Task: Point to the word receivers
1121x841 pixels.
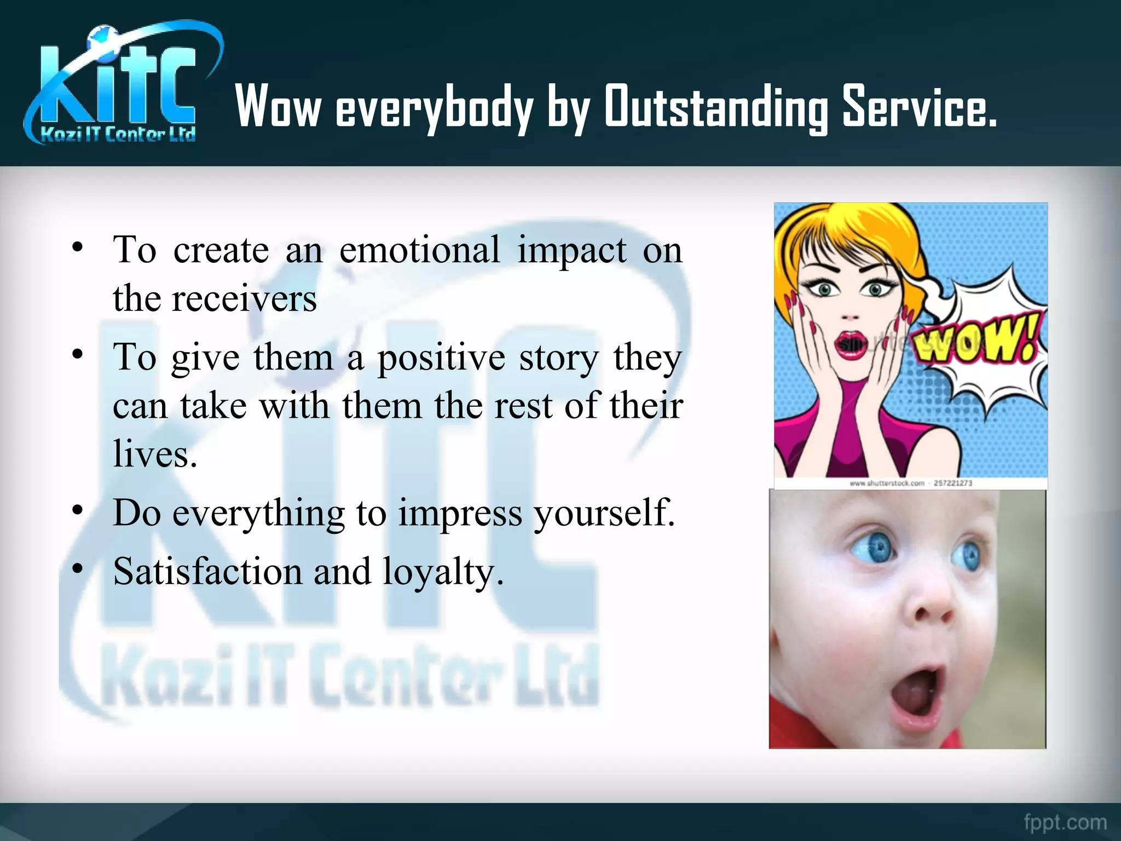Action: [244, 299]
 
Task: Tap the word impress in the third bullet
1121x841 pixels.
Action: [460, 514]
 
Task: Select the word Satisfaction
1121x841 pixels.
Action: [207, 572]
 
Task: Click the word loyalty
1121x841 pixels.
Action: [442, 572]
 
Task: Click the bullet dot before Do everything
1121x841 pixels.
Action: [78, 510]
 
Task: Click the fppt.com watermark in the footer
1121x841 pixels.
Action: [1065, 822]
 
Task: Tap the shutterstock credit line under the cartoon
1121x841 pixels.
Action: [911, 483]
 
